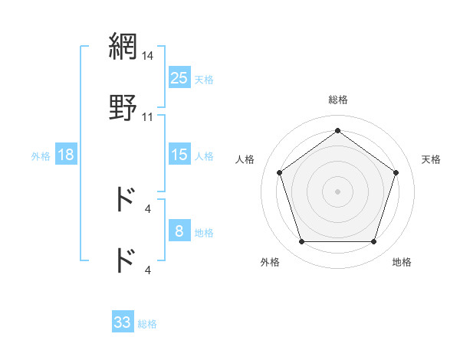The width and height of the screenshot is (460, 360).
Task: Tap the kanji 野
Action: pos(123,108)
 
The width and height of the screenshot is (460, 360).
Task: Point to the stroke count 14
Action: pos(148,56)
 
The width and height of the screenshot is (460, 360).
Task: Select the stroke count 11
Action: pos(148,117)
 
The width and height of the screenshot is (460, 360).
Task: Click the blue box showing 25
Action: pos(179,77)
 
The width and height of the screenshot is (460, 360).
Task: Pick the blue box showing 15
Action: pos(179,155)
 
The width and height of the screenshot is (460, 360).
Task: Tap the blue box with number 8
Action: pos(179,231)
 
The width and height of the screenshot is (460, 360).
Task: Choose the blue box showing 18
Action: pos(66,155)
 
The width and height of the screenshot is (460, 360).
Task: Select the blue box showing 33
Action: pos(123,322)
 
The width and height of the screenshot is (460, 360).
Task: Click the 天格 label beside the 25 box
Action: pos(204,79)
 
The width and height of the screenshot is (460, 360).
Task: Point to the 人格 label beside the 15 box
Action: pos(204,156)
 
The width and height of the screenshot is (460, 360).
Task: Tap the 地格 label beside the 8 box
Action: pos(204,233)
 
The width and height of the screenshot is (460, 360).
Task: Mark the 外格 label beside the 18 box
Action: pos(41,156)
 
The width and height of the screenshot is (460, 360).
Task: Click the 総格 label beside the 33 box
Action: pos(147,324)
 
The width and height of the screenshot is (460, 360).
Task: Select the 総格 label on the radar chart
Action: pos(338,100)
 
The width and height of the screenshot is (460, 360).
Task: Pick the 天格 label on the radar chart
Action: pos(431,159)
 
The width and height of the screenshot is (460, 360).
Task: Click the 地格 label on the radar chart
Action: pos(402,262)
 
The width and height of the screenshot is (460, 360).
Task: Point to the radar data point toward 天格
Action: pos(396,172)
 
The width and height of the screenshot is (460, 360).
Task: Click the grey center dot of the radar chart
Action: pos(338,191)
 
